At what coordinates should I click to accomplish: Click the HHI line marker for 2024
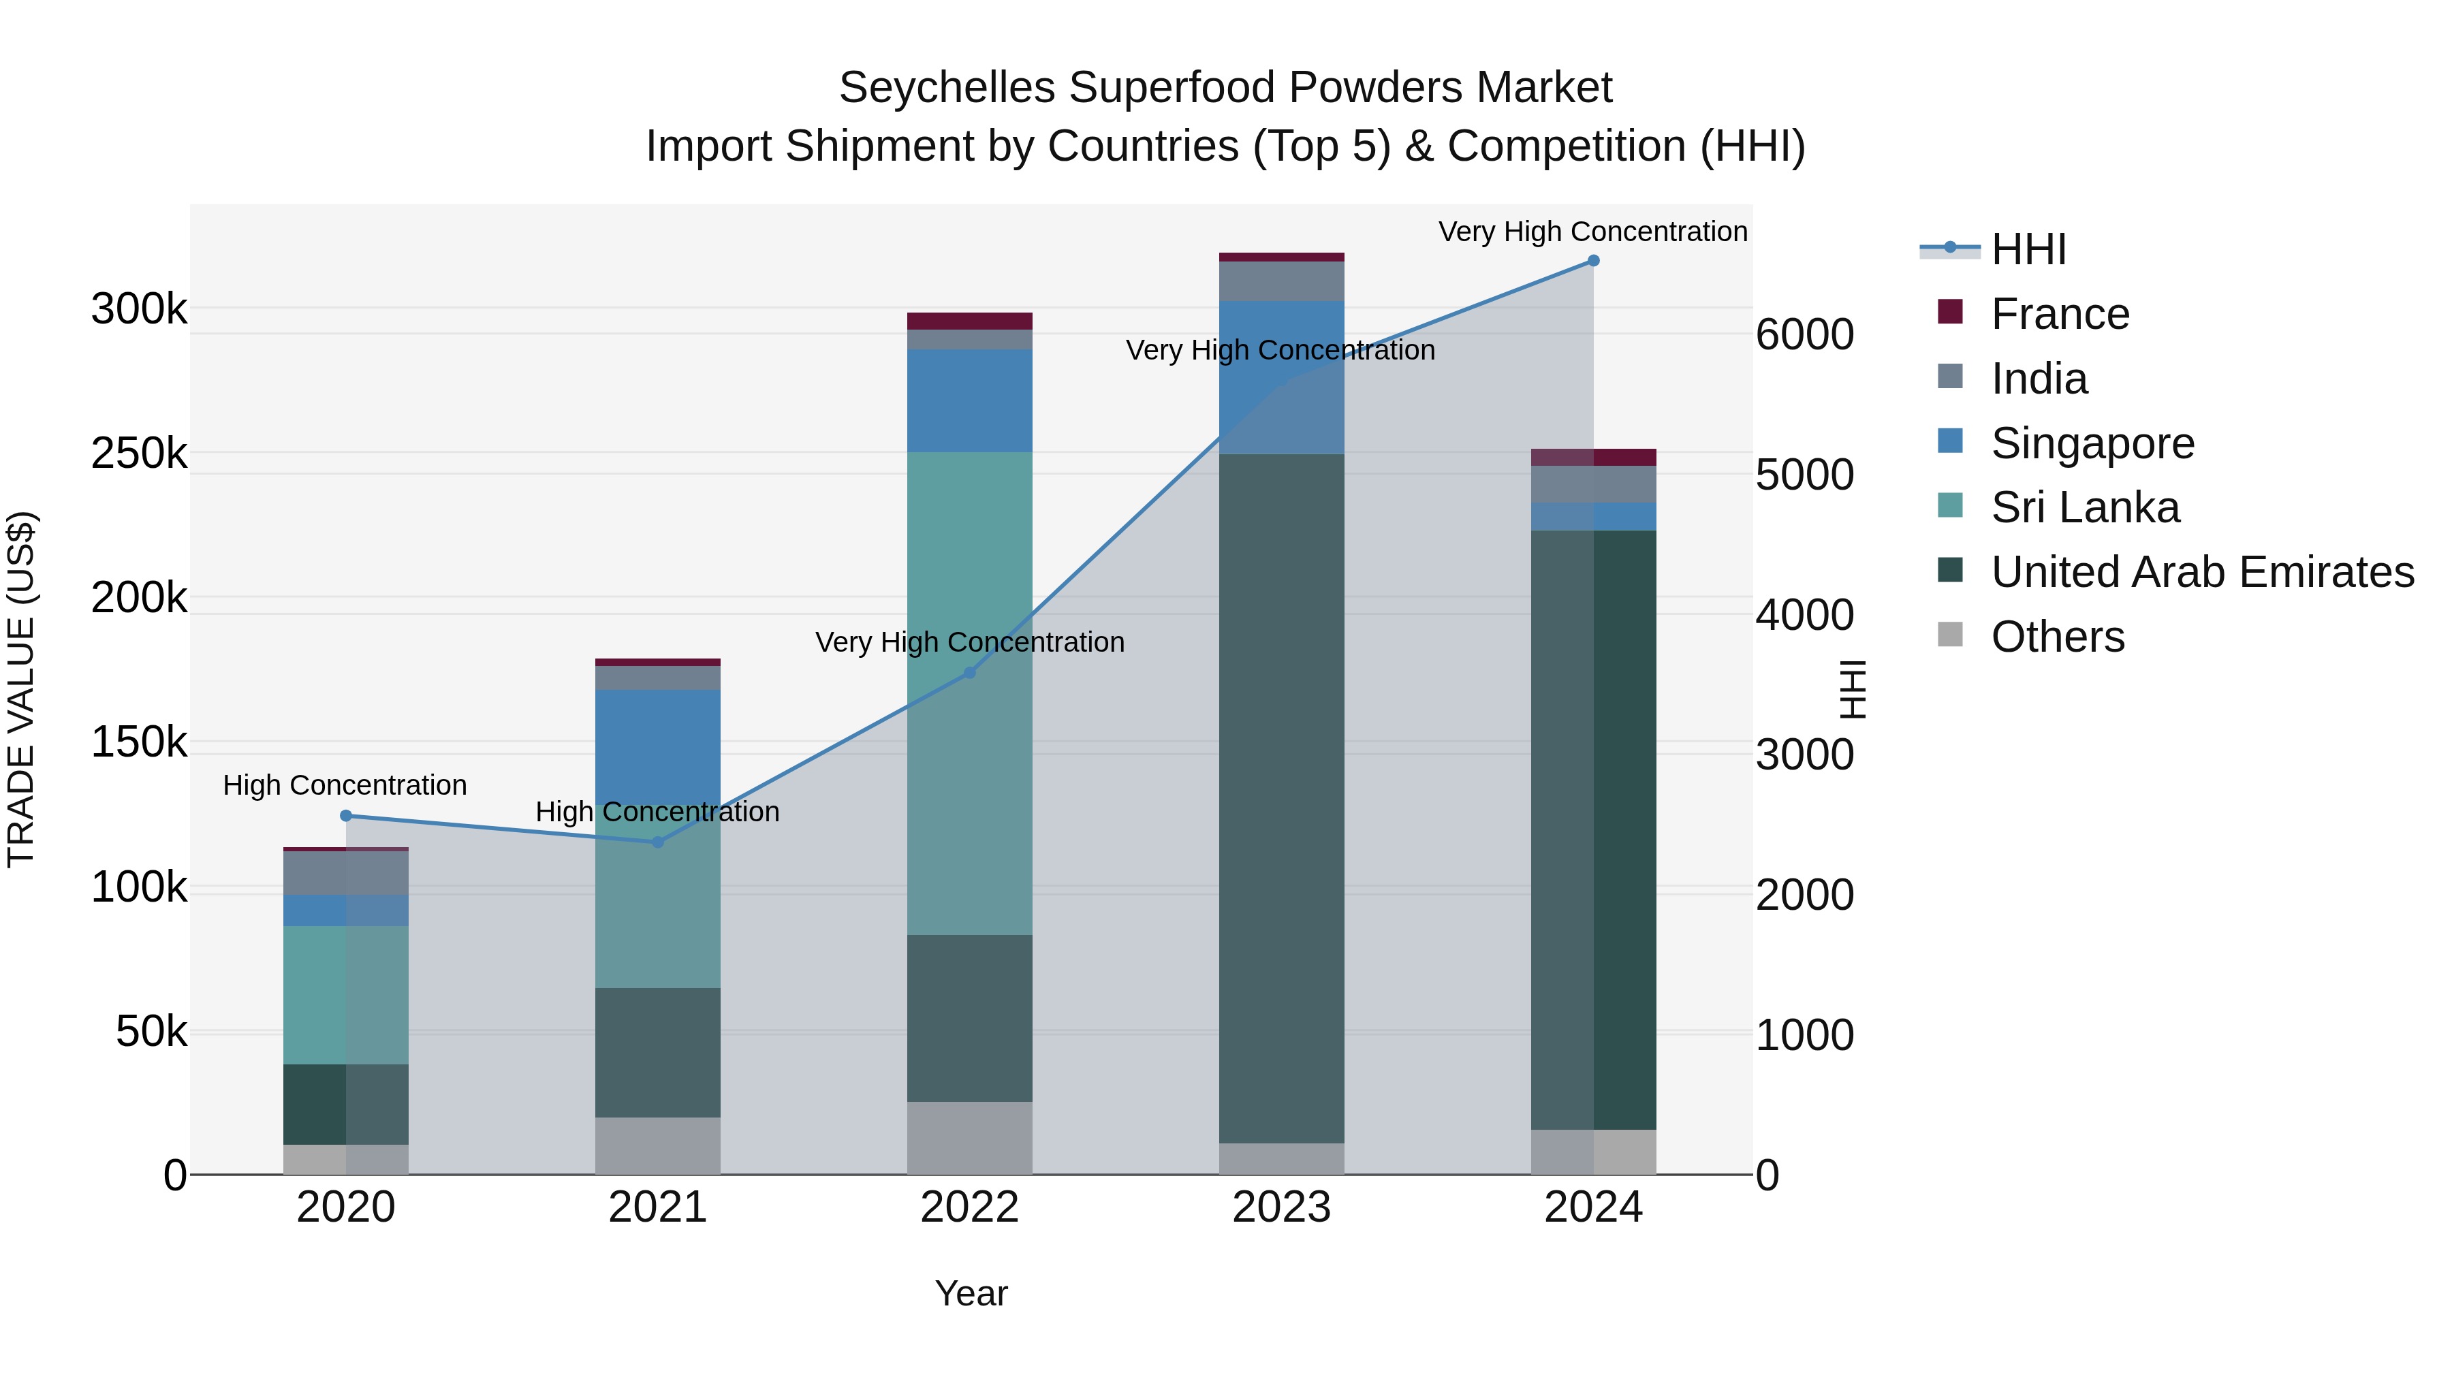click(x=1593, y=261)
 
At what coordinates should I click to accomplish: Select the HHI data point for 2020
click(x=345, y=816)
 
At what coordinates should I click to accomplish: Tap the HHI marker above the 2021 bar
click(x=658, y=842)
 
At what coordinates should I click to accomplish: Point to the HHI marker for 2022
click(x=970, y=673)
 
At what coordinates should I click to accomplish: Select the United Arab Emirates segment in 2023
click(x=1281, y=799)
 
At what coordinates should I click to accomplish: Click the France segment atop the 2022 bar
click(x=970, y=321)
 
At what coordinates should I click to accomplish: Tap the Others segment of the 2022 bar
click(x=970, y=1137)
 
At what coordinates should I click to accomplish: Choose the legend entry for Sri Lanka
click(x=2085, y=507)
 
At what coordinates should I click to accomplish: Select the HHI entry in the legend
click(x=2028, y=249)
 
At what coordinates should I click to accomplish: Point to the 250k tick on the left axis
click(x=139, y=454)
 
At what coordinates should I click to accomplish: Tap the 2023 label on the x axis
click(x=1281, y=1207)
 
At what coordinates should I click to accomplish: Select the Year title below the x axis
click(x=971, y=1293)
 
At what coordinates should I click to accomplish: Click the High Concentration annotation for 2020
click(x=345, y=785)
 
